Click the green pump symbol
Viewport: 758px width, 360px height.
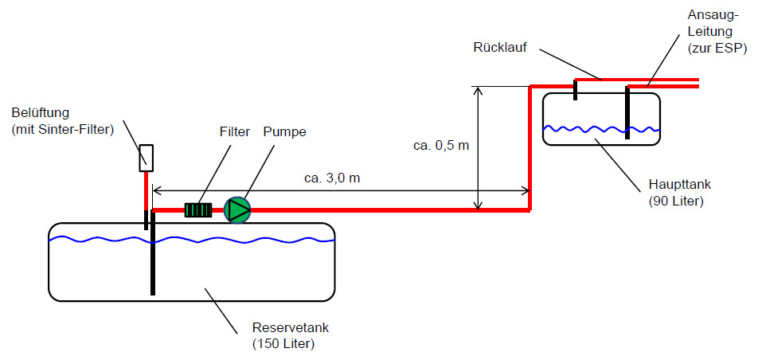pos(237,210)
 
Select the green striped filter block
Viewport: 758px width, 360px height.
pos(198,210)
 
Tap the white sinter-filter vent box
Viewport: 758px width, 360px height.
pos(147,158)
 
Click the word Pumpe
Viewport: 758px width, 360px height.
pos(285,132)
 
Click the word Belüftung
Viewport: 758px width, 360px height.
pos(41,113)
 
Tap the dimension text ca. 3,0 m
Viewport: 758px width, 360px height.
pos(332,178)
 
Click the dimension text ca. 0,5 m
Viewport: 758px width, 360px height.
pos(441,145)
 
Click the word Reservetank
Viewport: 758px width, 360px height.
pos(291,327)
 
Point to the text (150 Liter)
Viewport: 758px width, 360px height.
pos(283,344)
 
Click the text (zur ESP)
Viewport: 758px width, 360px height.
pos(717,48)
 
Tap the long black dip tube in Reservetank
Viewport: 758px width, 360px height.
pos(153,252)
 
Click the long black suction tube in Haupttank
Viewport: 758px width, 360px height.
pos(627,113)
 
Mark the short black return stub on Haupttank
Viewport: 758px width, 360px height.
pos(575,89)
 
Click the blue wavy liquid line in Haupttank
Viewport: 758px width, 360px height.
pos(601,129)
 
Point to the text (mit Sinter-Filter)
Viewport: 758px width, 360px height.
pos(63,130)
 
